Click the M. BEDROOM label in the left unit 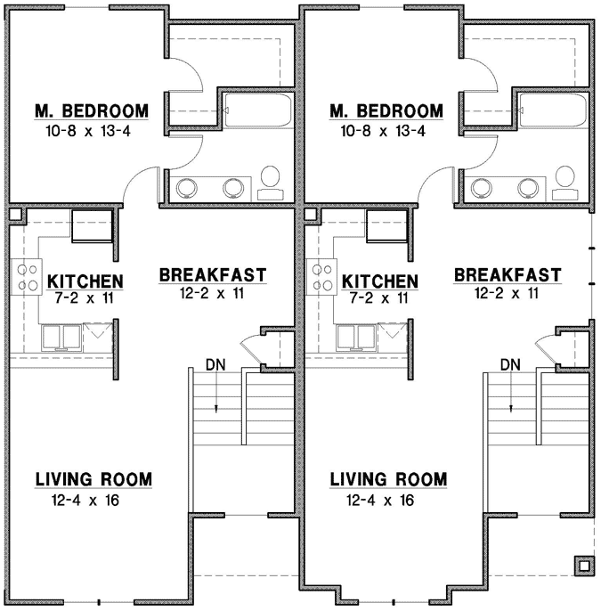(91, 111)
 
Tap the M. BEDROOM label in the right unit (386, 111)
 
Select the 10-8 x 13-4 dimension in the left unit (91, 131)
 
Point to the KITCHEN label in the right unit (380, 281)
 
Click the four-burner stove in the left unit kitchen (27, 276)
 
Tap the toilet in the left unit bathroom (270, 181)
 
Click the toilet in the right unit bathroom (564, 181)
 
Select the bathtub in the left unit (257, 110)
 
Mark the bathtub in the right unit (552, 110)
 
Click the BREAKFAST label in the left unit (213, 273)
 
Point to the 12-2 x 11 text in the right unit (508, 292)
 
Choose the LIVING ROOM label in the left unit (93, 479)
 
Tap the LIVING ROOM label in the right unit (388, 479)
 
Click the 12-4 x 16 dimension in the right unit (388, 500)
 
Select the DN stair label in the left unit (215, 363)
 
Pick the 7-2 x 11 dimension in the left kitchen (85, 298)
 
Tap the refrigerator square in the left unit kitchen (91, 226)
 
